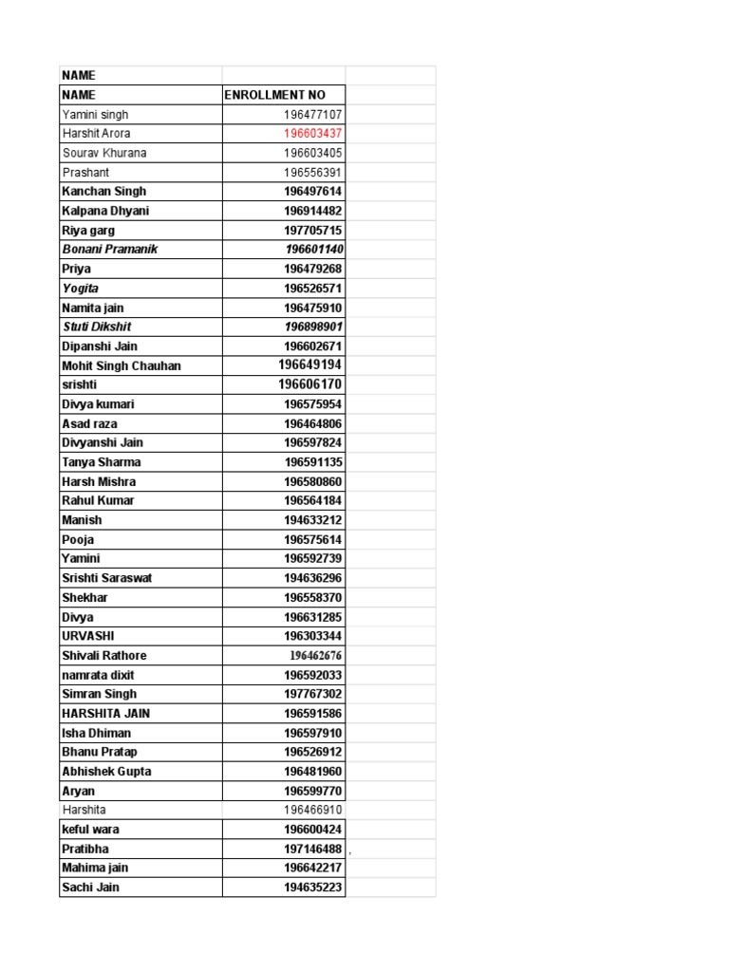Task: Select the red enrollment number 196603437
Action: (312, 134)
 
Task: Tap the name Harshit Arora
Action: (96, 134)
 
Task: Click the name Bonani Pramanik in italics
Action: (109, 250)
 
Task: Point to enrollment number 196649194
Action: (309, 365)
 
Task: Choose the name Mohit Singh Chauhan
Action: (121, 365)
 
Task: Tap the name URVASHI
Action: (88, 636)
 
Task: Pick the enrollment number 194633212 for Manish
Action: (312, 520)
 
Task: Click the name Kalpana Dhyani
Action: (105, 211)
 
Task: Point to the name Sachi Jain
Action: (90, 888)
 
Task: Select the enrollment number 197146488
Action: (312, 849)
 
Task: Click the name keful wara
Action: (90, 830)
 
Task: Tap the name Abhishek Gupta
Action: (107, 772)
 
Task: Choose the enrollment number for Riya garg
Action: (312, 231)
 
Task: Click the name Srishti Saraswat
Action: (107, 578)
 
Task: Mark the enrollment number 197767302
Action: (312, 694)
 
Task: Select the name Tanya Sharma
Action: (101, 462)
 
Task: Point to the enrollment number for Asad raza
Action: (312, 423)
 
